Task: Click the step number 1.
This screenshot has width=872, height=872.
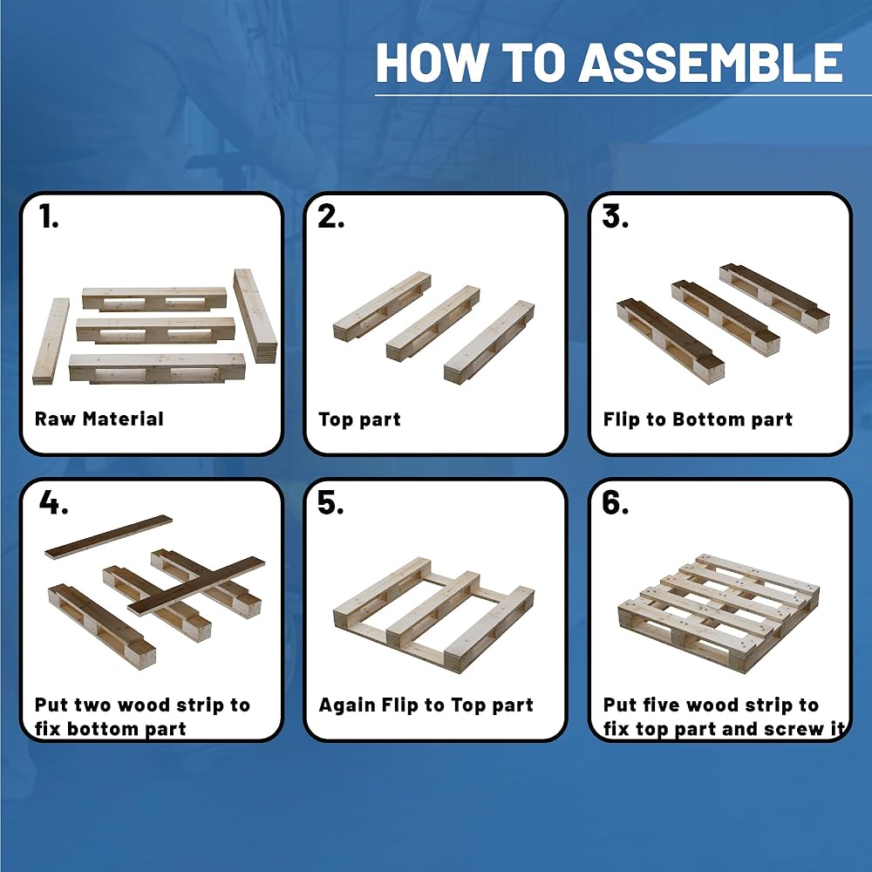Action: (48, 216)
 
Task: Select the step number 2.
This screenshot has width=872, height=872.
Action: (330, 216)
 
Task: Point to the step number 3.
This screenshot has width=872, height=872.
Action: (615, 216)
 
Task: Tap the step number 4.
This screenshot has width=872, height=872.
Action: (53, 503)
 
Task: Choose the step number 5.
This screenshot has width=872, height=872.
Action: (330, 503)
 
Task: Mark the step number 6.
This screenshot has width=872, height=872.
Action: (615, 503)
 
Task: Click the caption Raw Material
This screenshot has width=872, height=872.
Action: (99, 419)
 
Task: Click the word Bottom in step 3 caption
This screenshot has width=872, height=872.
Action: (708, 419)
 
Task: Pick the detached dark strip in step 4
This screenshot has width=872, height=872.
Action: (108, 536)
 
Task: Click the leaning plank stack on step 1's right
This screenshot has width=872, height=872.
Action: (255, 316)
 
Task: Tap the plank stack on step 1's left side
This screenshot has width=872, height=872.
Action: (51, 341)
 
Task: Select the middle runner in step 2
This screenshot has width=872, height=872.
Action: (433, 324)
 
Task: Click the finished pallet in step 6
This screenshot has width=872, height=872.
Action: (719, 612)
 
